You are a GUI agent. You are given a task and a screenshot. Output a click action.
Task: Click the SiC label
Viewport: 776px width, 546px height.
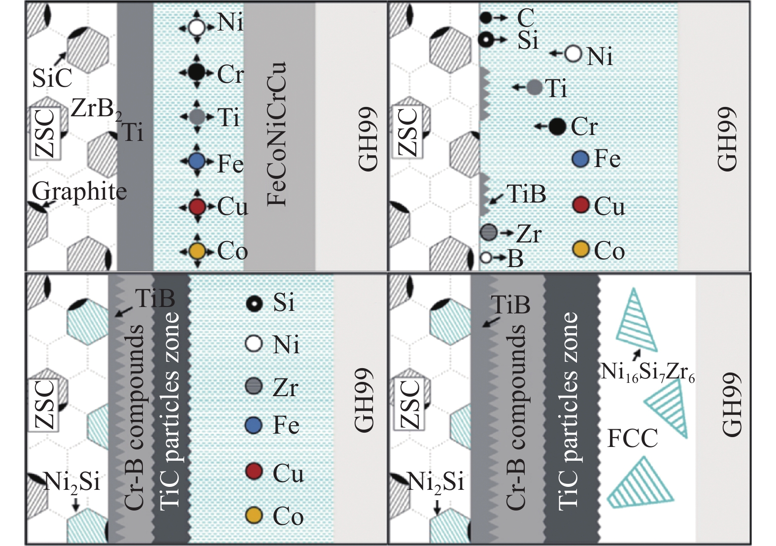point(52,78)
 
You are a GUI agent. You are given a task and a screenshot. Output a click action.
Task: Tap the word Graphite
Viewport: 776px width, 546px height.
point(79,191)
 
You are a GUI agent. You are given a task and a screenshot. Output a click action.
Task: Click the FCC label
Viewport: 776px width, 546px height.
point(632,438)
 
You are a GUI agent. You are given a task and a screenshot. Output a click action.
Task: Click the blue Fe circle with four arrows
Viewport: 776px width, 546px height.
point(197,161)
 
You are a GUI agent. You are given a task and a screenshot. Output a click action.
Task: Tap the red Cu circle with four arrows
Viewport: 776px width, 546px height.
point(197,206)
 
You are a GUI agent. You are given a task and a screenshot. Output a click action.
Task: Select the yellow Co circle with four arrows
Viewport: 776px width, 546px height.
point(197,251)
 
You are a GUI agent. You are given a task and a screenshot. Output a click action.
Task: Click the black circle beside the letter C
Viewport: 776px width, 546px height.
point(485,18)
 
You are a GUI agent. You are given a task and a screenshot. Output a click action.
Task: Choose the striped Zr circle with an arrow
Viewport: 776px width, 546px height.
point(489,232)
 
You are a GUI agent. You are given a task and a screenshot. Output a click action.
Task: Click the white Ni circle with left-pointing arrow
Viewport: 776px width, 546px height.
point(573,54)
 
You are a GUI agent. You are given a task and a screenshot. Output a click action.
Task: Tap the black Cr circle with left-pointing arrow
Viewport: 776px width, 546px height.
point(557,127)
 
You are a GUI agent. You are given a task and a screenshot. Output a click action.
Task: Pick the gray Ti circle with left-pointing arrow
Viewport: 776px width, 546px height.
point(535,87)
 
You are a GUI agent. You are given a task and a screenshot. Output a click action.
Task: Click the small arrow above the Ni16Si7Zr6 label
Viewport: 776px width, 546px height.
point(638,354)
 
